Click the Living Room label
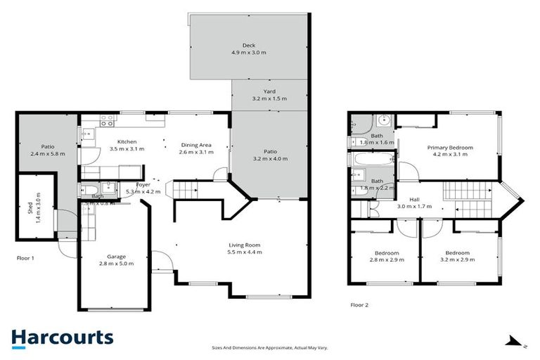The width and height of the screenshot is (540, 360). click(x=245, y=248)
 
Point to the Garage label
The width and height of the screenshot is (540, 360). click(x=116, y=260)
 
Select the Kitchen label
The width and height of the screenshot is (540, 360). click(x=127, y=145)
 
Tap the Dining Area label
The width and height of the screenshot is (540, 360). click(x=195, y=148)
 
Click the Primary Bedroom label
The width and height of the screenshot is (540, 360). click(x=452, y=150)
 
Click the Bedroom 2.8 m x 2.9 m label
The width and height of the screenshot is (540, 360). click(x=386, y=256)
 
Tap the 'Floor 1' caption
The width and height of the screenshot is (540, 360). click(x=25, y=258)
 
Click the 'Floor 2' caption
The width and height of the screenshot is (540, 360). click(x=359, y=305)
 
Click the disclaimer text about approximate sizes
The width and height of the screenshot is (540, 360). click(x=270, y=347)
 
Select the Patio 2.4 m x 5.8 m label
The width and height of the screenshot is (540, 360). click(x=47, y=150)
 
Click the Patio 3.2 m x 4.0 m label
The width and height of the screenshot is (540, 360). click(x=270, y=155)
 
